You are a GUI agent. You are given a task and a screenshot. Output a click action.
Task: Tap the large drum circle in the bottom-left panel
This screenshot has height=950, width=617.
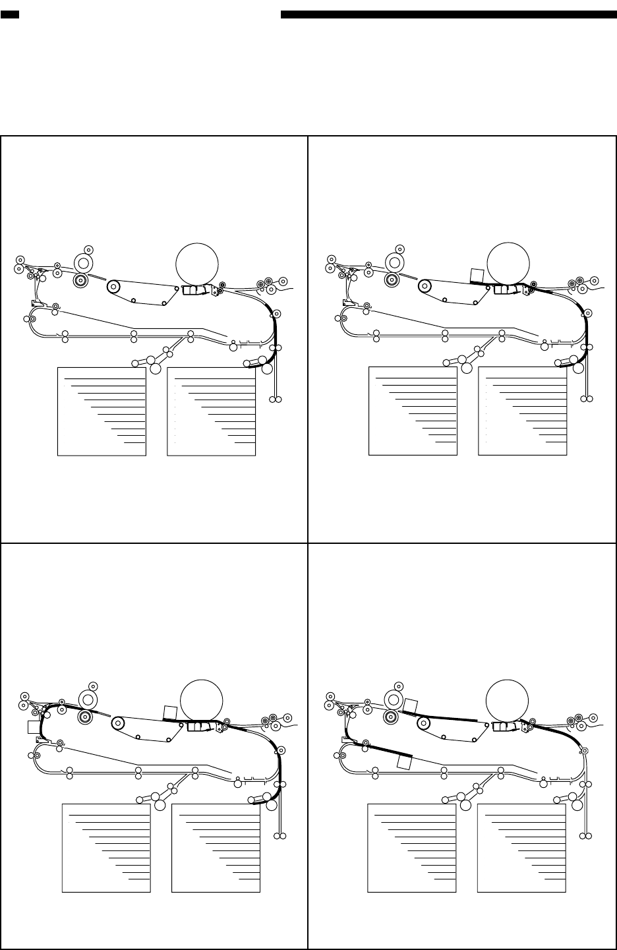pos(202,700)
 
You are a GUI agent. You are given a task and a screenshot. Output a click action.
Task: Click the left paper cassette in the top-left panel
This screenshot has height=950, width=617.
pos(102,411)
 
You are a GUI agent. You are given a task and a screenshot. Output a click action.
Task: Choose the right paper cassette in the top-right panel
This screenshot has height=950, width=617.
pos(522,411)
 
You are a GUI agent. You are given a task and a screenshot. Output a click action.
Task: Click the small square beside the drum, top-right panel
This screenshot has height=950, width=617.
pos(477,275)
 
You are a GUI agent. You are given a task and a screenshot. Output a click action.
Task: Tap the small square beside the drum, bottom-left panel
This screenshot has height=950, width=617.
pos(170,712)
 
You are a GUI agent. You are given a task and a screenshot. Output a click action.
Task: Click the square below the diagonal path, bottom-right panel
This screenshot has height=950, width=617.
pos(405,763)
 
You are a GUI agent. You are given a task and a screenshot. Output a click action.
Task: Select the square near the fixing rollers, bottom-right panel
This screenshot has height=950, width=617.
pos(411,705)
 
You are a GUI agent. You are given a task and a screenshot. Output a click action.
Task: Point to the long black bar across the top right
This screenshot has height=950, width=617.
pos(448,14)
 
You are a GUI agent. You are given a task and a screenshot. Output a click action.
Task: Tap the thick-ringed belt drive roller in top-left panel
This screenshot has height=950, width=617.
pos(114,286)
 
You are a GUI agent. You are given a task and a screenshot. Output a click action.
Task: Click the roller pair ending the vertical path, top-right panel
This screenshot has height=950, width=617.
pos(587,399)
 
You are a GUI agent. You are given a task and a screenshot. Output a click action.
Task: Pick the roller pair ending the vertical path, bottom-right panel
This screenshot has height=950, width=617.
pos(586,836)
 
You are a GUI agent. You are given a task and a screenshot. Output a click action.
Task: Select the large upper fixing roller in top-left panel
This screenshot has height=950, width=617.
pos(84,263)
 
